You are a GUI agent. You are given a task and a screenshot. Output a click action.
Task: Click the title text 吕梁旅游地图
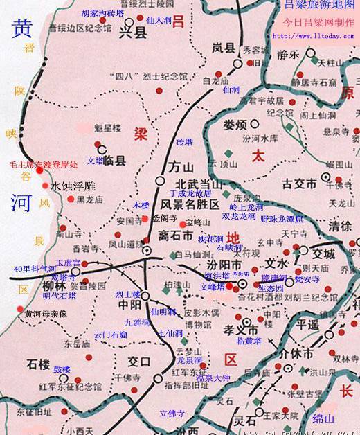pyautogui.click(x=318, y=6)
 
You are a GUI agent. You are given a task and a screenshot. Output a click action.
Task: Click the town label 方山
pyautogui.click(x=179, y=167)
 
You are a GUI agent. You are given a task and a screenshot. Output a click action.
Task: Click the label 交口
pyautogui.click(x=139, y=360)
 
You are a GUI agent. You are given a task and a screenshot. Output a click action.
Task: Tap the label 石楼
pyautogui.click(x=39, y=363)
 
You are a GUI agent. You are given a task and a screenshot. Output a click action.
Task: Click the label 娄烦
pyautogui.click(x=235, y=125)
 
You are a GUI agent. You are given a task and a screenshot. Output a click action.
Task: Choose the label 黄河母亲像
pyautogui.click(x=46, y=313)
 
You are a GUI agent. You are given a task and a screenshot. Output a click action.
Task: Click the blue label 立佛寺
pyautogui.click(x=172, y=413)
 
